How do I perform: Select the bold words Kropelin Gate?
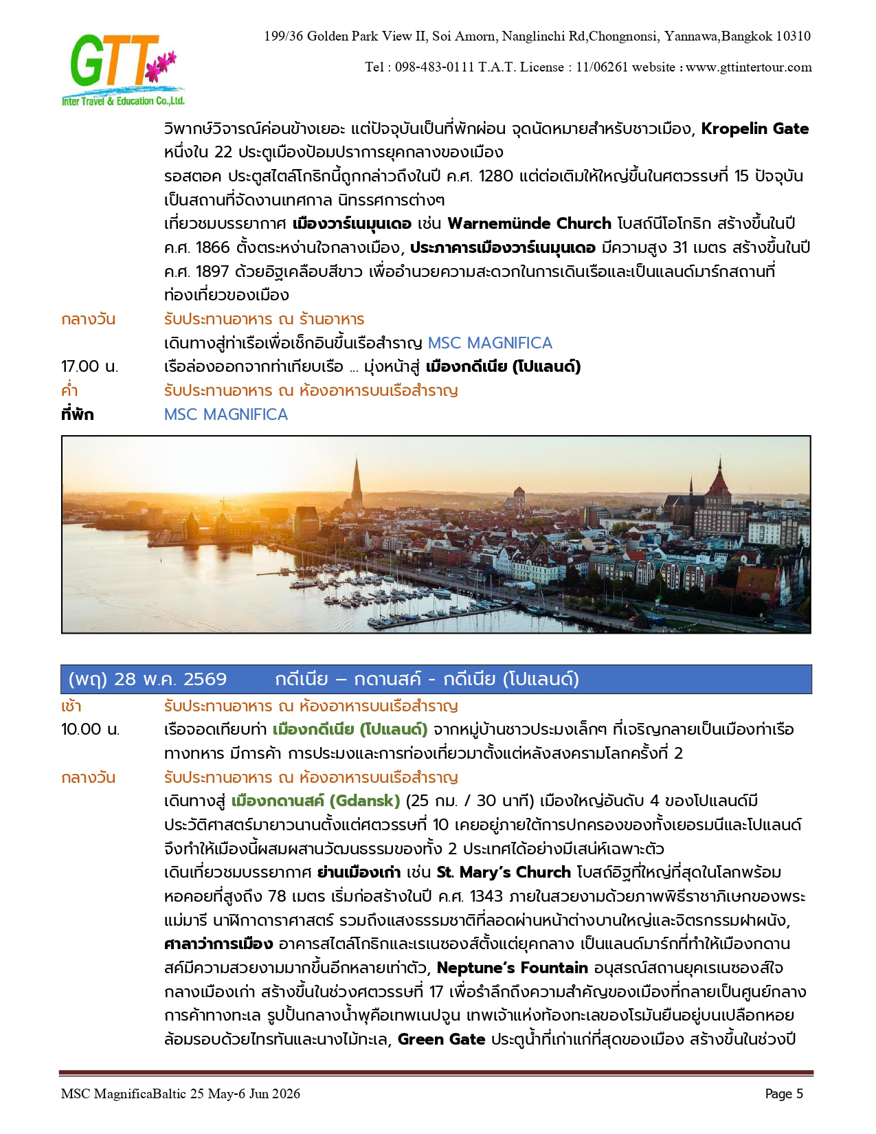[x=754, y=129]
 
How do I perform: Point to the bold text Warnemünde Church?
[x=529, y=224]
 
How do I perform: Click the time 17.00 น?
[x=89, y=367]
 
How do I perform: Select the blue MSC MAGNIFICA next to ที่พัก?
[x=225, y=414]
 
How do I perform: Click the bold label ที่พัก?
[x=77, y=414]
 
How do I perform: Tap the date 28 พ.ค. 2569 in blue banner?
[x=170, y=680]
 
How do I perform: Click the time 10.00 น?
[x=90, y=730]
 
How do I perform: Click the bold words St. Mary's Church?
[x=504, y=873]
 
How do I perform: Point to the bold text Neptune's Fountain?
[x=512, y=968]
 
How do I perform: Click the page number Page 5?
[x=784, y=1094]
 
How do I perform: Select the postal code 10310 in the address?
[x=792, y=36]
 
